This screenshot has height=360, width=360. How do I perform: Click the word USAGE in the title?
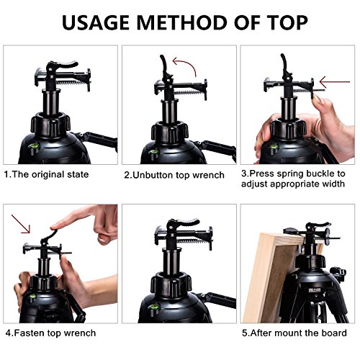coord(95,22)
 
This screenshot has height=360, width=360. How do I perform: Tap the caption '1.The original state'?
coord(47,174)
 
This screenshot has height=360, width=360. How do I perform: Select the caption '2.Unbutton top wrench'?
coord(174,175)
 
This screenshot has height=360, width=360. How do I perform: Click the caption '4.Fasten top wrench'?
coord(50,333)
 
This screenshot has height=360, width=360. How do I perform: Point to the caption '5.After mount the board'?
coord(294,333)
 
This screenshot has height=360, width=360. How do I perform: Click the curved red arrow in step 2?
coord(186,64)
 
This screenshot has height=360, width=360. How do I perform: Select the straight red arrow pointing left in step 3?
coord(335,82)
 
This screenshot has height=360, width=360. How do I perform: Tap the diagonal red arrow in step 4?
coord(21,224)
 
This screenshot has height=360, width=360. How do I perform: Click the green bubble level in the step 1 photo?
coord(35,147)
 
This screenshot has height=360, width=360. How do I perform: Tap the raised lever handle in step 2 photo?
coord(163,64)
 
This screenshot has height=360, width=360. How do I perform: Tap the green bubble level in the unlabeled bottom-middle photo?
coord(154,307)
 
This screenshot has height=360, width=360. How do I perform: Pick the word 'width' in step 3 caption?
coord(333,184)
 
